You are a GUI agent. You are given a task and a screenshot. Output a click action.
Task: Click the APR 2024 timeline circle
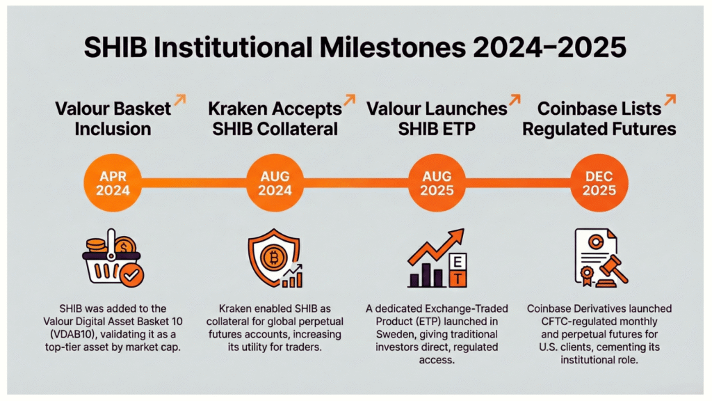point(113,182)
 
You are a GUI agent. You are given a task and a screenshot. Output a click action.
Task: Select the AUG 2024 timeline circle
point(275,182)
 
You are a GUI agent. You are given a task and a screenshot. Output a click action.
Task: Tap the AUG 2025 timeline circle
point(437,182)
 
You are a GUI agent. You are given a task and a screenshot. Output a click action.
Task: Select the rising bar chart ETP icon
point(437,260)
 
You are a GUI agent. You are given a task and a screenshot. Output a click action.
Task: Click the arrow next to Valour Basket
point(179,102)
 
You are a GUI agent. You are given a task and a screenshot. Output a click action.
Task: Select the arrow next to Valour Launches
point(515,102)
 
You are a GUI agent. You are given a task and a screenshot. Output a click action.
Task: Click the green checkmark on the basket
point(131,277)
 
